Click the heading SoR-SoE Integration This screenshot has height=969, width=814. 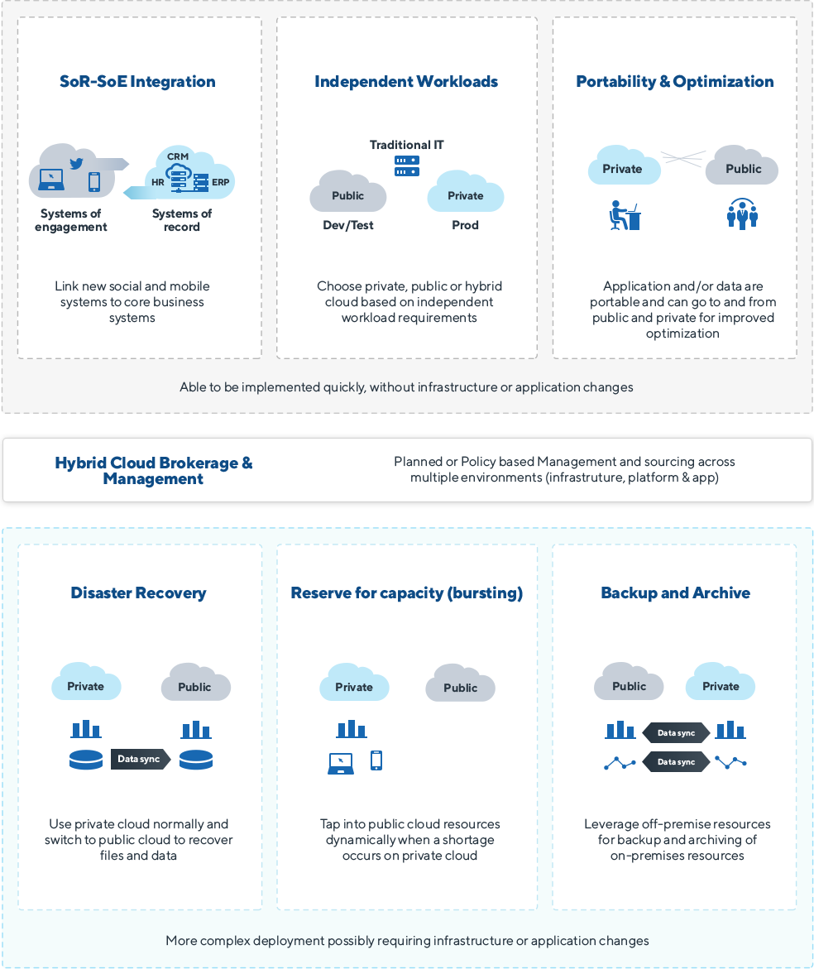click(137, 81)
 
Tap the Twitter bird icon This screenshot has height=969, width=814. click(77, 163)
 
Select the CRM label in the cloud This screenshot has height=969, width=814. click(177, 156)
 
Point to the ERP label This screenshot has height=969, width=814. click(220, 182)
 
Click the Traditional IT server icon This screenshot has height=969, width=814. click(406, 165)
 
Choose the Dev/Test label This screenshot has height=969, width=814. click(347, 225)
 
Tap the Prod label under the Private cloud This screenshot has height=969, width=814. click(465, 225)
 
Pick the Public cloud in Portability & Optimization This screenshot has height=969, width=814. click(742, 168)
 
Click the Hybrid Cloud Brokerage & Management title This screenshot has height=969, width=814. click(154, 470)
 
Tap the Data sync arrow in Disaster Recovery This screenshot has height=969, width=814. click(140, 759)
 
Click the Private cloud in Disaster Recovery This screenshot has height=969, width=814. click(86, 685)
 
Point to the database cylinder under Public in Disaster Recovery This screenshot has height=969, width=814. click(196, 760)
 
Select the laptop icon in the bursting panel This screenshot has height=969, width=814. click(341, 763)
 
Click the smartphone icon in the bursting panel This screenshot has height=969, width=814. click(376, 760)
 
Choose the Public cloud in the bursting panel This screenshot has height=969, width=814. click(460, 687)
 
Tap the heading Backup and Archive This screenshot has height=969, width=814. click(675, 592)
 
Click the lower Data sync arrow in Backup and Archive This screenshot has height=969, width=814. click(676, 762)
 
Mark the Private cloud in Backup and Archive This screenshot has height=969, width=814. click(721, 685)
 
